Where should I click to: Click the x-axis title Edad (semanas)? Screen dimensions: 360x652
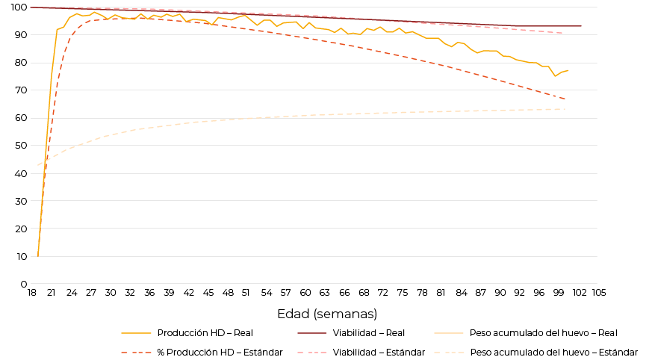point(327,314)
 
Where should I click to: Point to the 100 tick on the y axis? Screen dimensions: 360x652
point(19,7)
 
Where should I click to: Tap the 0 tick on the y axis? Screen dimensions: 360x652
point(24,285)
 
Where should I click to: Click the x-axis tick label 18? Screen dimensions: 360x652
point(31,293)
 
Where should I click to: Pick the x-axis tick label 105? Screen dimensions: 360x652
point(598,293)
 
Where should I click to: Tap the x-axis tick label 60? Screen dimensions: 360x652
point(305,293)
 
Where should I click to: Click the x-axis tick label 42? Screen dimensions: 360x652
point(188,293)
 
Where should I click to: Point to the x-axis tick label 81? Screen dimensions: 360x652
point(441,293)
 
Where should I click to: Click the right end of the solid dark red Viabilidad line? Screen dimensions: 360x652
point(581,26)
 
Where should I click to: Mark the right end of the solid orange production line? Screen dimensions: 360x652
point(568,70)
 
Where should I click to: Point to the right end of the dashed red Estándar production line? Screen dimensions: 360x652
point(565,99)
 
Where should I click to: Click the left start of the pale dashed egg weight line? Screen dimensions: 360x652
point(38,165)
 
